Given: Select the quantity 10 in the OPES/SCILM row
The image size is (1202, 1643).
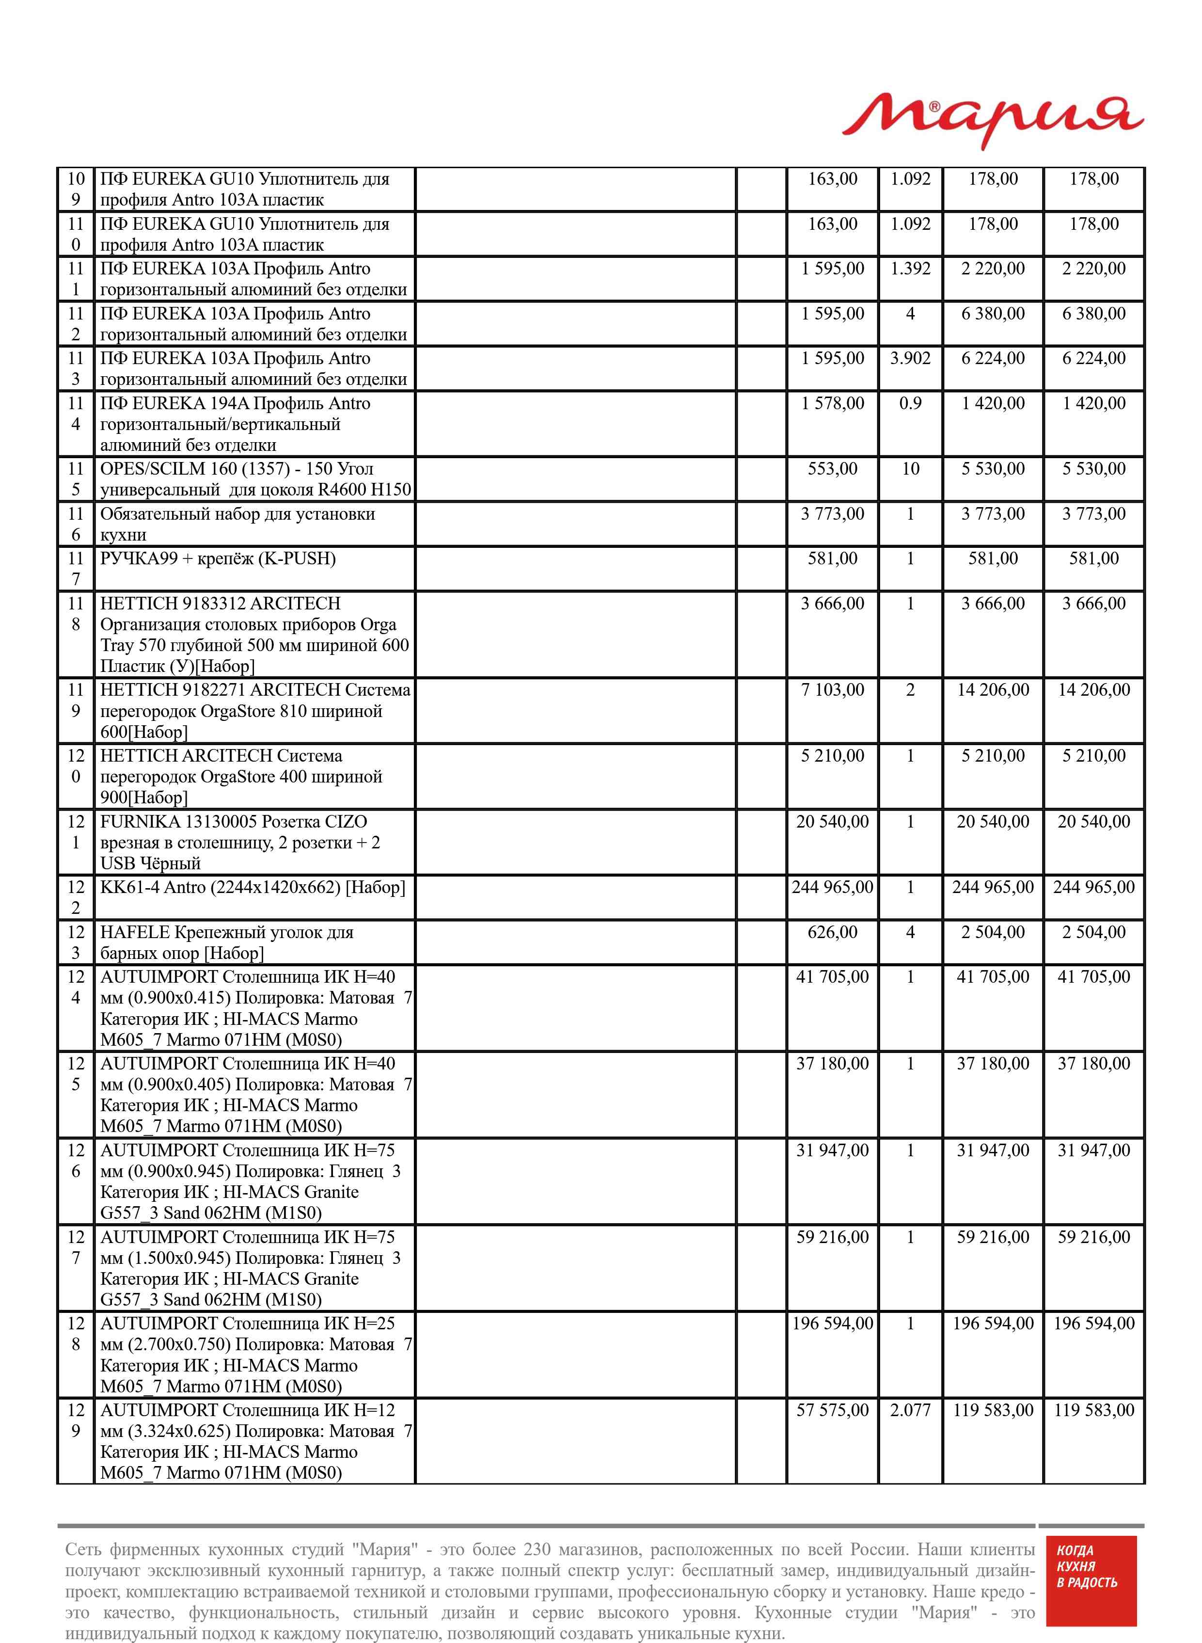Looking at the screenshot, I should tap(910, 469).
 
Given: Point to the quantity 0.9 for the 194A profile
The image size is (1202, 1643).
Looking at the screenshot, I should tap(910, 404).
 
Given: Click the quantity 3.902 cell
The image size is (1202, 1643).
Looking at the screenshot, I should tap(910, 359).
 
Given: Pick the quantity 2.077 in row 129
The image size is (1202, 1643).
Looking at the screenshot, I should tap(910, 1411).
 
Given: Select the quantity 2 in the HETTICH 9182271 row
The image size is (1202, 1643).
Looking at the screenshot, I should tap(910, 690).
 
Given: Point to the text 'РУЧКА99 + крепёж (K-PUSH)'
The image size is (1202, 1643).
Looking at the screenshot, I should tap(218, 559).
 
